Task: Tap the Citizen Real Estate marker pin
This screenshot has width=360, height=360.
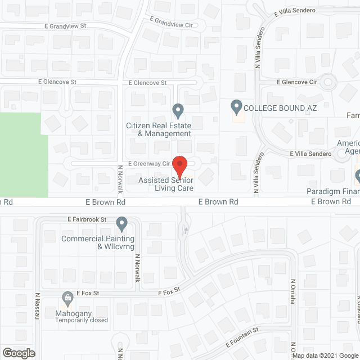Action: [x=178, y=110]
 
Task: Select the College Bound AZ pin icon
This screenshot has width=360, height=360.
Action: [x=237, y=106]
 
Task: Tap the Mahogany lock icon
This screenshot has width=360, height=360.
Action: [x=67, y=296]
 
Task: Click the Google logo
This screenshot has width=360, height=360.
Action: [x=18, y=353]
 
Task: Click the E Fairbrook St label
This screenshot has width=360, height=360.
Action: [x=87, y=219]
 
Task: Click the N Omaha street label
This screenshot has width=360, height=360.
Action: [x=293, y=292]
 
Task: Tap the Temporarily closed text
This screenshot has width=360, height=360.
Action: [x=82, y=320]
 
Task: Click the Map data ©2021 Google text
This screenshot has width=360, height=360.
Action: [x=325, y=355]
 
